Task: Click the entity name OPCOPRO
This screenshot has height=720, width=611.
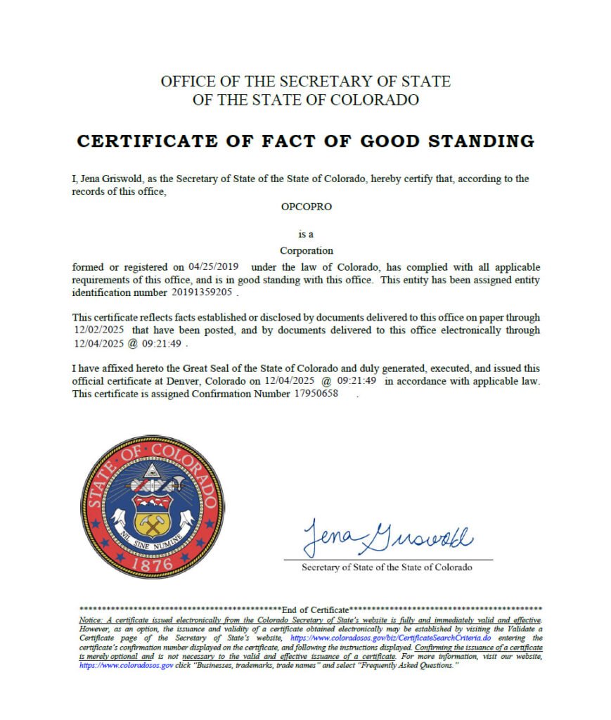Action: pos(306,207)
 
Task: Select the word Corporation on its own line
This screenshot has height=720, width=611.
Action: pos(306,250)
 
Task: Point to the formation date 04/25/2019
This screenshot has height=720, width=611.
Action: pos(214,267)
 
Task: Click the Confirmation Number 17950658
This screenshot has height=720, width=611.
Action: pos(316,394)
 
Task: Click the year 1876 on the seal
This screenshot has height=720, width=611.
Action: pos(152,562)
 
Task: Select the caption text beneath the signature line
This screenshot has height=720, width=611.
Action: pos(387,567)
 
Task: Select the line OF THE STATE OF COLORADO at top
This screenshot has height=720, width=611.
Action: pos(305,100)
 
